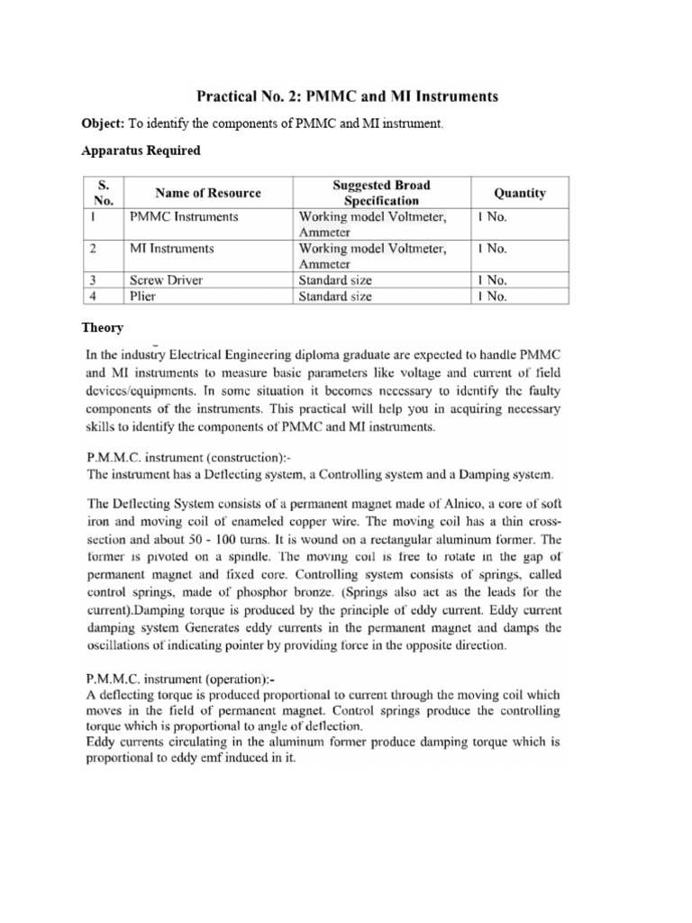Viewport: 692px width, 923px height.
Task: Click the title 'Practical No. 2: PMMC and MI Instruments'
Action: pos(346,96)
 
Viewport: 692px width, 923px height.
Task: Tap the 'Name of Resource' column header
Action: pos(208,193)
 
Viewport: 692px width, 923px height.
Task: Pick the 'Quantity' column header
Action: pos(520,193)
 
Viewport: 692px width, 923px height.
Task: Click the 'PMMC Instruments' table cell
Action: pos(184,217)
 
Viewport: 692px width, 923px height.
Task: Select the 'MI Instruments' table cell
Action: pos(172,248)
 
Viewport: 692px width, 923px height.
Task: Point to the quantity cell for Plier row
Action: pos(493,295)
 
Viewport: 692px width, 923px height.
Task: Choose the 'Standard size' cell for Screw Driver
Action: pos(335,279)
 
